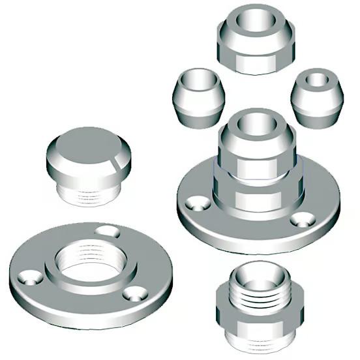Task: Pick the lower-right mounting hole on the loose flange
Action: point(135,293)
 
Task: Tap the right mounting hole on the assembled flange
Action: point(302,218)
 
